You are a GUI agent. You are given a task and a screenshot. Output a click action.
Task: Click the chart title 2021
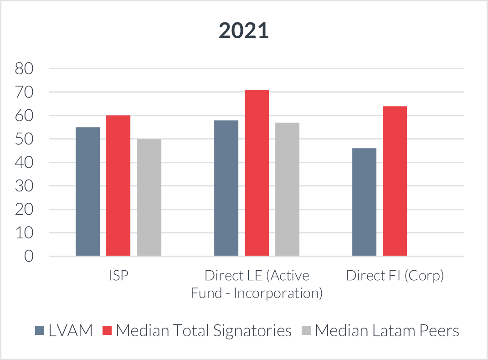244,31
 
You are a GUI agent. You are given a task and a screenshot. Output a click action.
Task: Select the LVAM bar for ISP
88,191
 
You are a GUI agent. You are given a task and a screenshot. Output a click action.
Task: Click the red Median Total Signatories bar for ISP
118,185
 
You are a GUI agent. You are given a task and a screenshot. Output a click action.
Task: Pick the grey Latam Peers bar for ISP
149,197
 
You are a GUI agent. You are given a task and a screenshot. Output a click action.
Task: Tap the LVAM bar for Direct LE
226,188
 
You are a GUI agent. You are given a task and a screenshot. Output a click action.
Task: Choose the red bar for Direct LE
257,173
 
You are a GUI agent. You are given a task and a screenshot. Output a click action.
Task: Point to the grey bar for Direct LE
287,189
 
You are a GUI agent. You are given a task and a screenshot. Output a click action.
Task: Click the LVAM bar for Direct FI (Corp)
365,202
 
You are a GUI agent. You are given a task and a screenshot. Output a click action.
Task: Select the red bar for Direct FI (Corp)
395,181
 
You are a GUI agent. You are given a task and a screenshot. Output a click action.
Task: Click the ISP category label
118,276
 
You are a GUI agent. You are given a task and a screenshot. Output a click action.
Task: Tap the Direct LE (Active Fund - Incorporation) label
257,284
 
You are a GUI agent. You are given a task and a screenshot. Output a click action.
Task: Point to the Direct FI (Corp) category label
395,276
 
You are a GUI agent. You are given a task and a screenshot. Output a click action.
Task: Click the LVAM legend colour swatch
40,331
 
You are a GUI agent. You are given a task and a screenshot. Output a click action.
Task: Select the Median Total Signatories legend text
204,331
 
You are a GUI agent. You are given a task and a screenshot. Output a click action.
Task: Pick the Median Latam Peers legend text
387,331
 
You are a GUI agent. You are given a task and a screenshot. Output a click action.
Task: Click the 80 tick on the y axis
25,69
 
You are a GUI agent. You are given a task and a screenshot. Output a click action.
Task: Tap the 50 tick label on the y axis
25,139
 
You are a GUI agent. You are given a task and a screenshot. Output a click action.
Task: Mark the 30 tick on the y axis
25,186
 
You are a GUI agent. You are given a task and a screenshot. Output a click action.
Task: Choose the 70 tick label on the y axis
25,92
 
